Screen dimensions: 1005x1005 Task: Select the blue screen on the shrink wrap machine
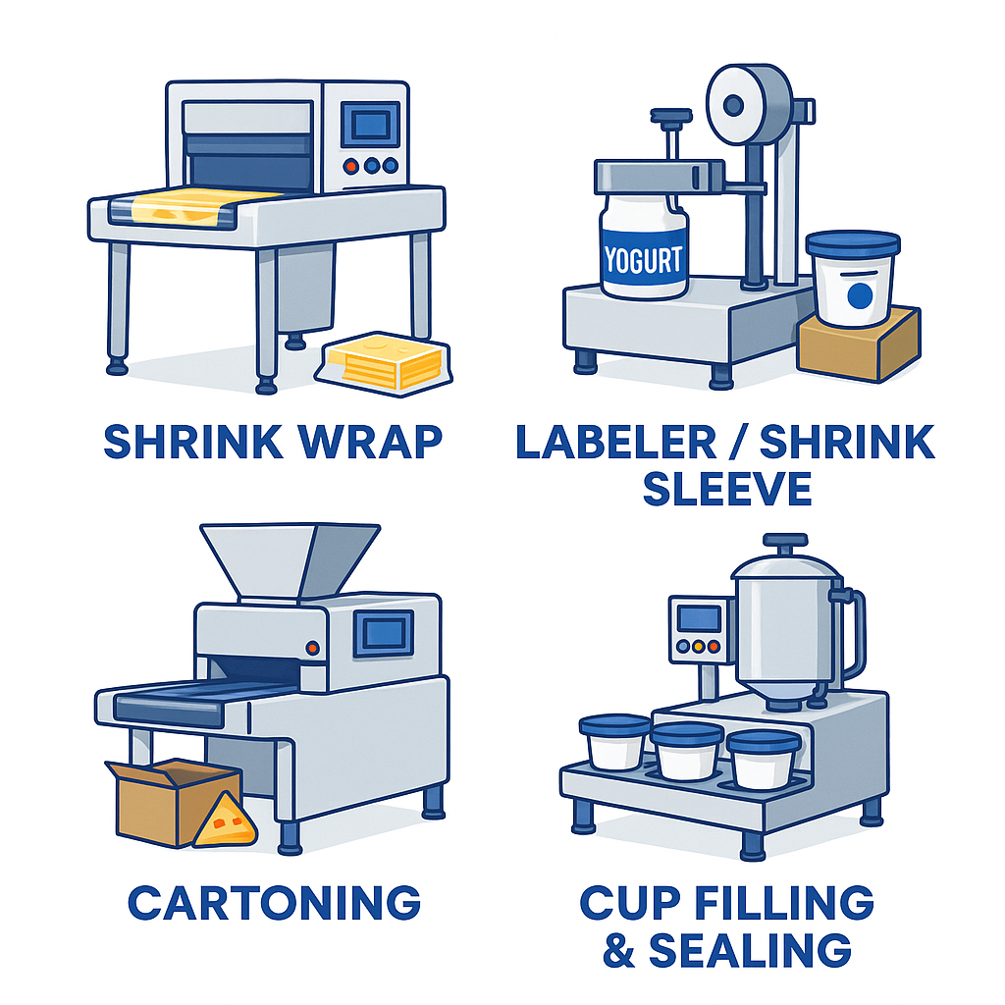click(x=369, y=124)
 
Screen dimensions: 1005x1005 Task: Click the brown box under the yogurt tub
click(x=858, y=344)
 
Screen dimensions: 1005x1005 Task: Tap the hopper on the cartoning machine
click(x=289, y=560)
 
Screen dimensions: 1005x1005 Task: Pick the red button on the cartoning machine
click(x=312, y=648)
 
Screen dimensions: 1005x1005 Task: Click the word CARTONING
click(x=274, y=902)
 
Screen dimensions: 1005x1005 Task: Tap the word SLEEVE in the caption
click(x=727, y=487)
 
